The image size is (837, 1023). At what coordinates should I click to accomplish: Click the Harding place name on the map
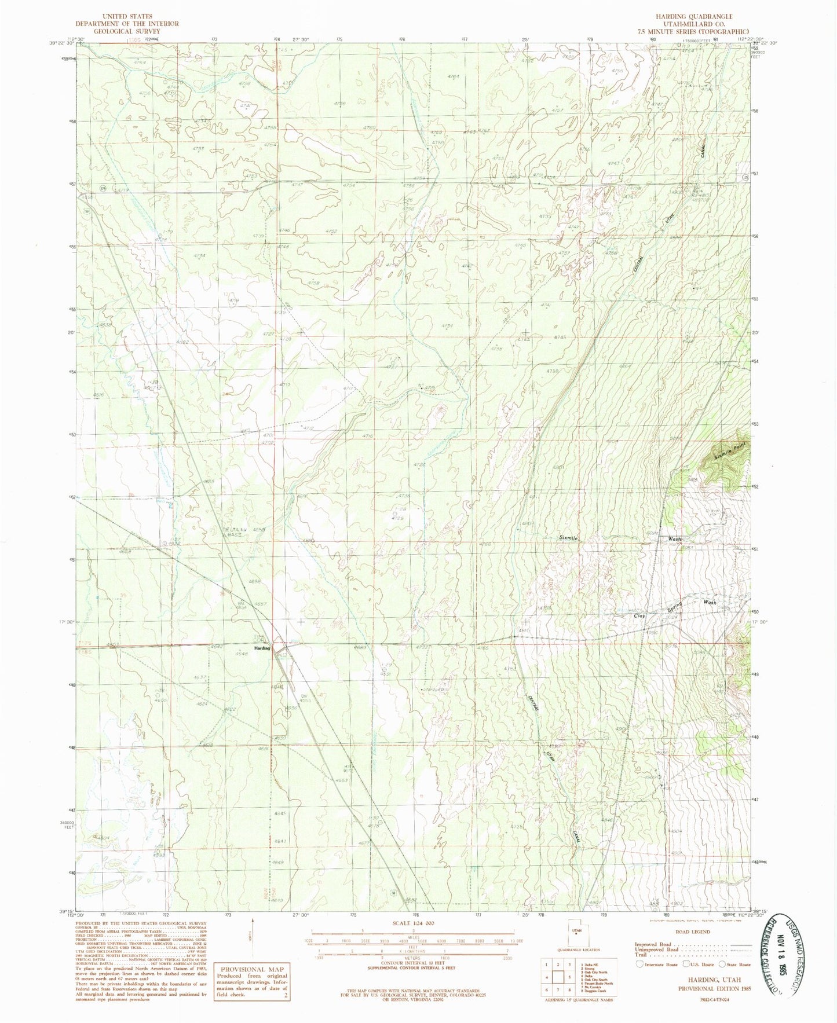[x=262, y=648]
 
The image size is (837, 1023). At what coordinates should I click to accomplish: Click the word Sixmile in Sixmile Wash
[x=569, y=538]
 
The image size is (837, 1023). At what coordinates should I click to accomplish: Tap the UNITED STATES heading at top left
[x=127, y=16]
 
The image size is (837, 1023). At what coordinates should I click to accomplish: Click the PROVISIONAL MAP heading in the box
[x=251, y=969]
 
